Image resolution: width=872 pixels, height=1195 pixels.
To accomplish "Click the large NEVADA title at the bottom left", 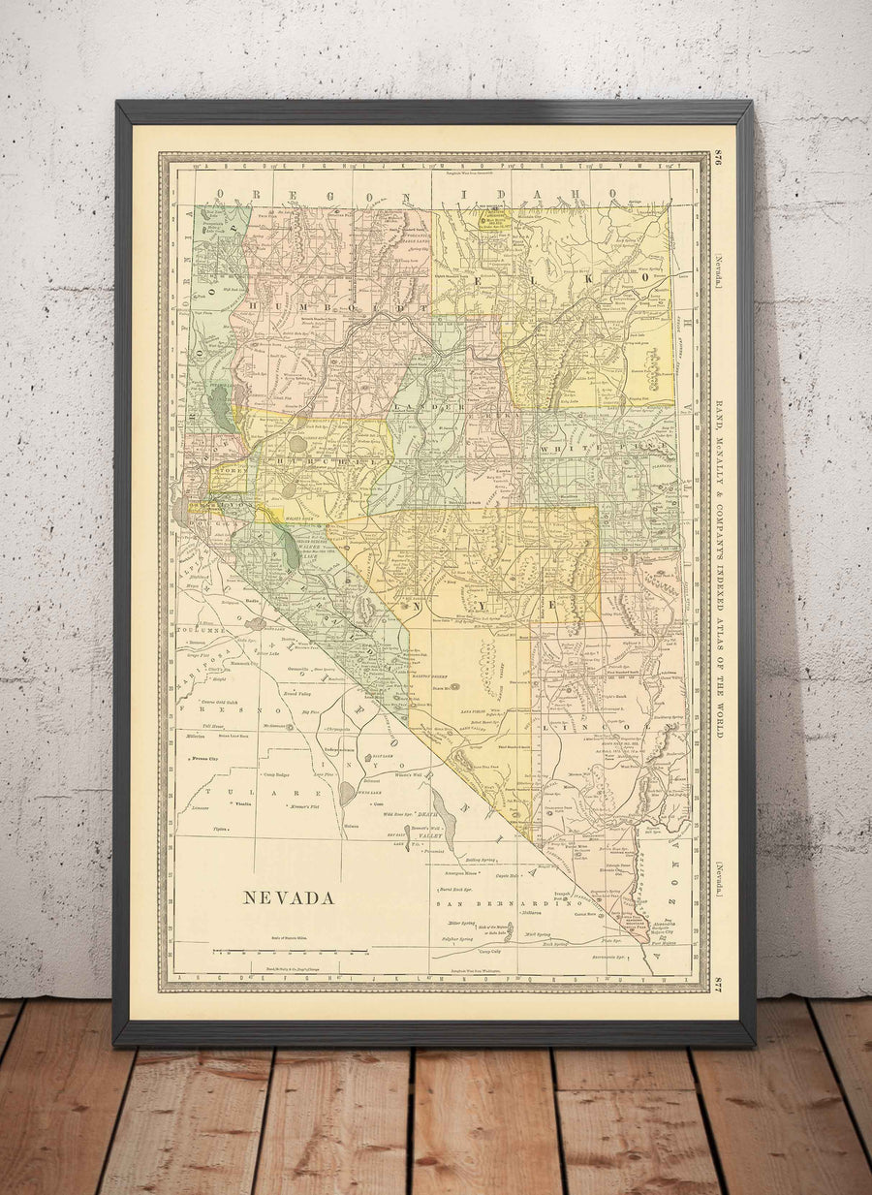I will click(x=288, y=897).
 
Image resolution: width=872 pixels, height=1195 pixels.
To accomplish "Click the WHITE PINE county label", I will click(x=581, y=450).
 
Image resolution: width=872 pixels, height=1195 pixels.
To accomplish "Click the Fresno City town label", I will click(x=205, y=757).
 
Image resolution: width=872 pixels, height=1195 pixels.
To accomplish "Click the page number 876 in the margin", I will click(x=719, y=161).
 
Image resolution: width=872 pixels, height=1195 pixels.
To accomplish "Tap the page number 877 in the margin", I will click(x=719, y=983).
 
